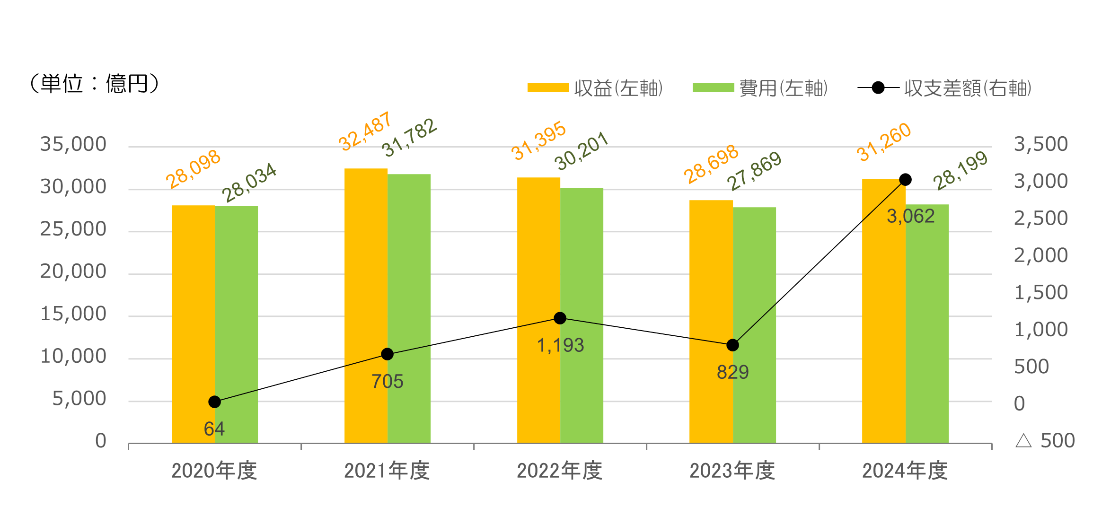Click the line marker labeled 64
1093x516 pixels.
(x=214, y=402)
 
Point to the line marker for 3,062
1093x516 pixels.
(x=905, y=180)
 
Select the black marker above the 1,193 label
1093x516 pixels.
(x=560, y=318)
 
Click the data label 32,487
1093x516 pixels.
(x=365, y=131)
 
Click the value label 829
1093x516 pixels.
(x=732, y=373)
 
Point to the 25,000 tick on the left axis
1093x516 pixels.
(x=73, y=229)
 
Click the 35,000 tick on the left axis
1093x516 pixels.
(x=73, y=144)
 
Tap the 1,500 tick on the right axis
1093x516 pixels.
(x=1040, y=293)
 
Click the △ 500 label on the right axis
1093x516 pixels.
(x=1045, y=441)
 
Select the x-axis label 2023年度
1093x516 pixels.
(x=732, y=471)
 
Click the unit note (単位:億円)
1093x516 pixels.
(x=94, y=84)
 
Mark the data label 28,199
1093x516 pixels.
(x=960, y=170)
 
